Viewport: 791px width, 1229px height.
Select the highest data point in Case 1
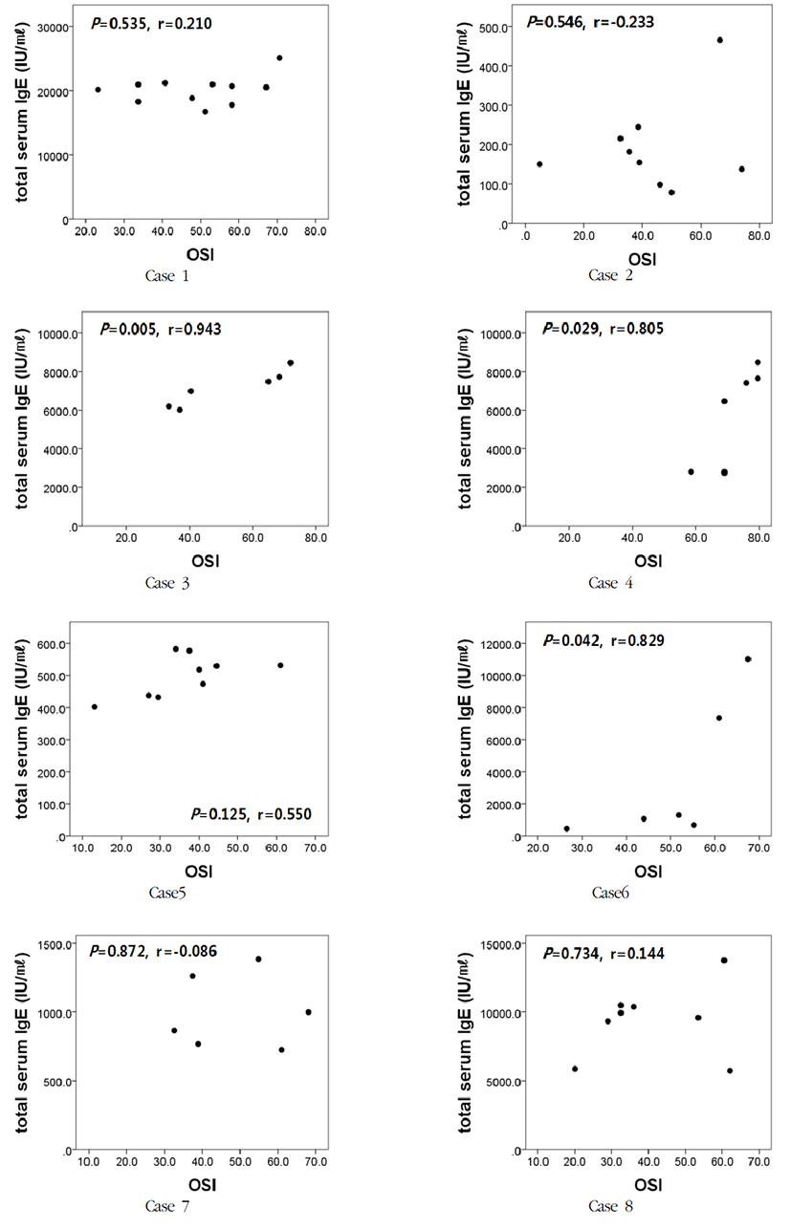[x=279, y=58]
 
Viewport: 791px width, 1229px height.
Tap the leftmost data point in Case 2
[x=539, y=164]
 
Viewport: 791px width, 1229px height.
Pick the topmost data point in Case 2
[x=719, y=40]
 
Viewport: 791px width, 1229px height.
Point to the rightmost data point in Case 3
[x=291, y=363]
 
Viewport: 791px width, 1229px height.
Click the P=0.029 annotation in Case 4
[x=571, y=329]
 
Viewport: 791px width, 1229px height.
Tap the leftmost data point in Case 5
[x=95, y=707]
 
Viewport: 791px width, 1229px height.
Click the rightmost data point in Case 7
[x=308, y=1012]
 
